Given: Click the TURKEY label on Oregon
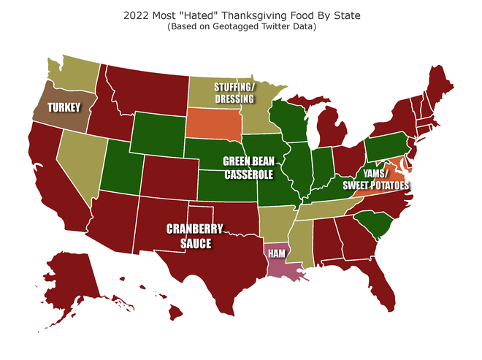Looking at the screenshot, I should click(64, 107).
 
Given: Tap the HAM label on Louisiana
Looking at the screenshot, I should click(277, 253).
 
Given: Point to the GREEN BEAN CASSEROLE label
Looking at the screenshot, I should click(248, 169).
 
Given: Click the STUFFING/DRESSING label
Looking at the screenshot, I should click(234, 93).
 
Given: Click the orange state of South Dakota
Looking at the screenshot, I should click(213, 123).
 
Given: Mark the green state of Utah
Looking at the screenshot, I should click(121, 168).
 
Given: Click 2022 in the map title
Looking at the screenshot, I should click(138, 15).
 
